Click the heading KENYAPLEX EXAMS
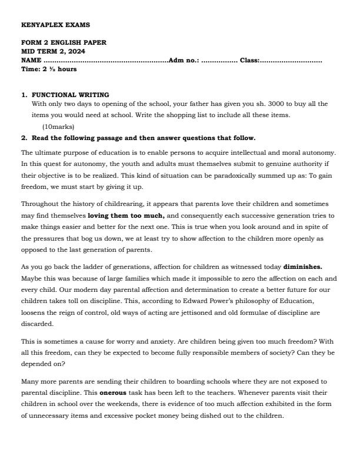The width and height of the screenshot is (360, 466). pos(47,25)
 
